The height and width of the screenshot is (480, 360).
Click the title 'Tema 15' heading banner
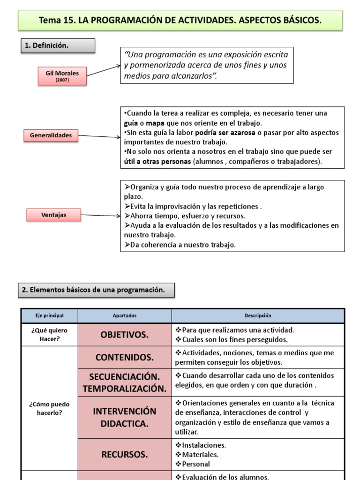point(180,21)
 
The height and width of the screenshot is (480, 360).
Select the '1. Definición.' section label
point(58,45)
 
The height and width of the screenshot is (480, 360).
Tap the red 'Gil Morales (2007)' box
point(62,75)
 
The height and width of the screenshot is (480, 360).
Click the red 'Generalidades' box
point(51,135)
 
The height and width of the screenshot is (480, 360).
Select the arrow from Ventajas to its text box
point(100,216)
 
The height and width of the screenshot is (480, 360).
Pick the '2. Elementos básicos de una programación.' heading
point(97,290)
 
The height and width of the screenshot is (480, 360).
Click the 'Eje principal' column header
point(49,316)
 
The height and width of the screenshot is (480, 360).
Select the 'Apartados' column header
point(125,316)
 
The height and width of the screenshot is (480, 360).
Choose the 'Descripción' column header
point(257,316)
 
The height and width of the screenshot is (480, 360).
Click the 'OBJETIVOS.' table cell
point(125,335)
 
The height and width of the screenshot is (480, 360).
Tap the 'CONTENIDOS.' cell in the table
point(125,358)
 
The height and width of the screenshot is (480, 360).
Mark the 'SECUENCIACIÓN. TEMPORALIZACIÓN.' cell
point(125,382)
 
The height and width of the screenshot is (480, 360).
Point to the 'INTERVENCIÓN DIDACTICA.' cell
point(125,417)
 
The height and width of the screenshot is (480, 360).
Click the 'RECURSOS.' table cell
point(125,454)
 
